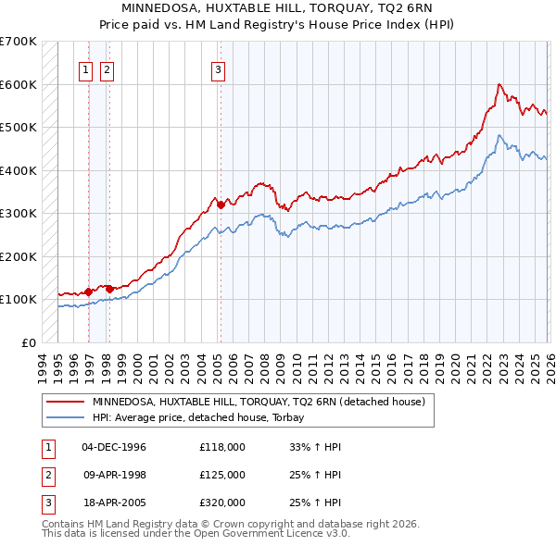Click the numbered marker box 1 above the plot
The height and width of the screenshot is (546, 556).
[85, 68]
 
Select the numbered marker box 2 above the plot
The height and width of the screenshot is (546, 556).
[107, 68]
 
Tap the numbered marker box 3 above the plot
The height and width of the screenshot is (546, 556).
[218, 68]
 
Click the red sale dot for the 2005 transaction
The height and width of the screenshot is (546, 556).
[221, 205]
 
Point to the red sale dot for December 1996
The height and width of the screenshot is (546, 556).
[89, 292]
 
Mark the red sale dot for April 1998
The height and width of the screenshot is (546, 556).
[109, 289]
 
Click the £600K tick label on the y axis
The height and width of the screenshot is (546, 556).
[19, 84]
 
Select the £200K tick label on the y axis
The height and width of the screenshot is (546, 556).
[19, 256]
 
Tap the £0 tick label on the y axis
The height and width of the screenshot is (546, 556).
[29, 342]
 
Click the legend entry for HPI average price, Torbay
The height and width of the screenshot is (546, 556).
[205, 418]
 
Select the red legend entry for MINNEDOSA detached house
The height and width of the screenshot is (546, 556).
[258, 403]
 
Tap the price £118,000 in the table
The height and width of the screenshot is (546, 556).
[221, 447]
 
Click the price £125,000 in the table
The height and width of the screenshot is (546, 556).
[221, 475]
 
